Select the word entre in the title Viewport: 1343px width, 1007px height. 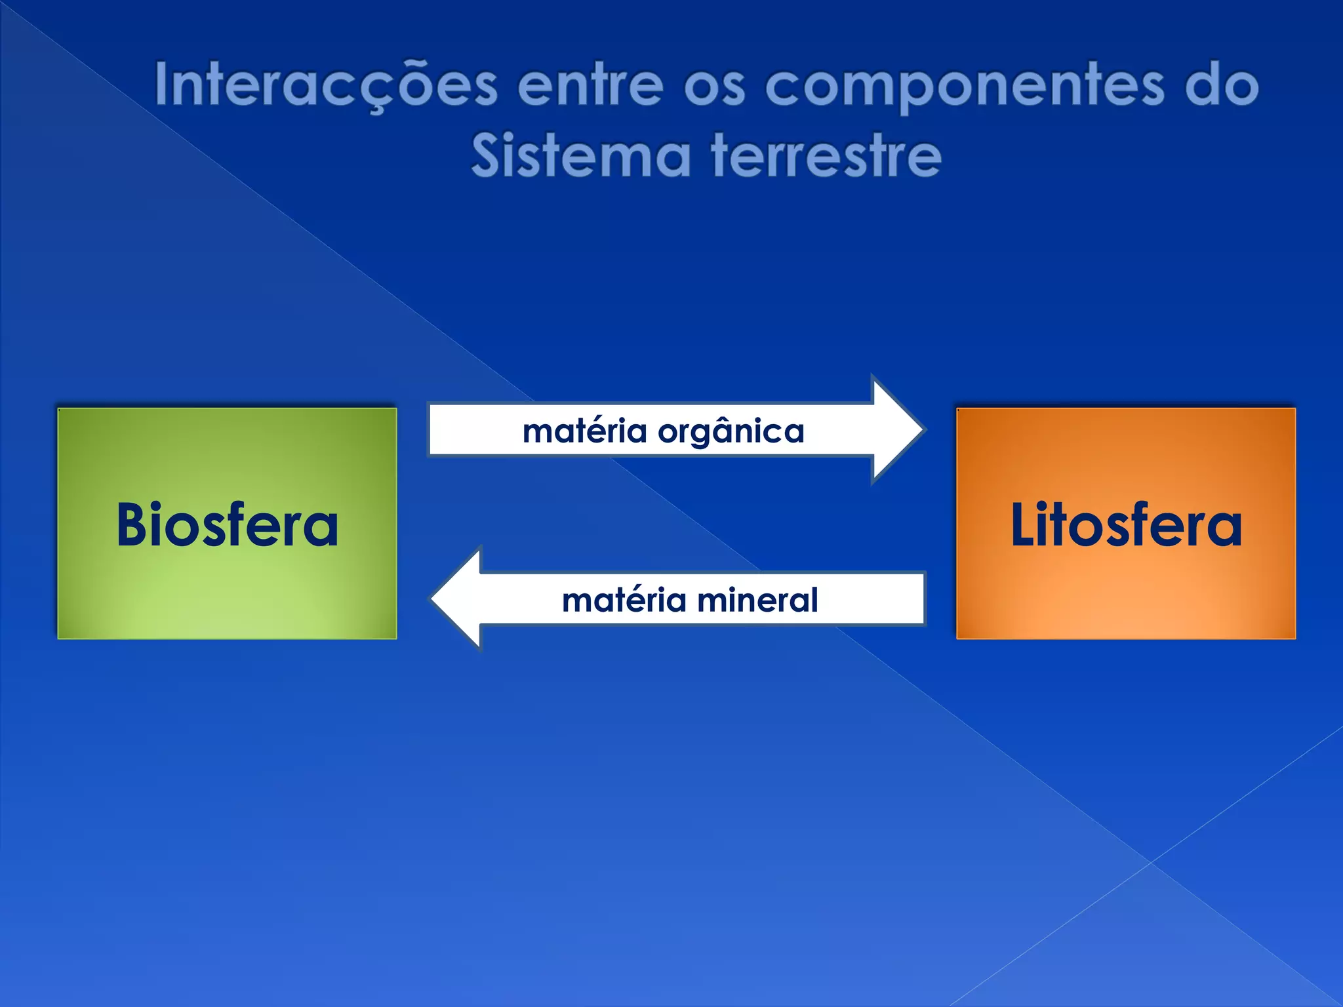click(x=590, y=85)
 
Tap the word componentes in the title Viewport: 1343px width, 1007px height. click(x=965, y=85)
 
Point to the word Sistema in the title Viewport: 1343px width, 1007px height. click(x=581, y=156)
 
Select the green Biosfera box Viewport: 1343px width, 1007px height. click(x=227, y=590)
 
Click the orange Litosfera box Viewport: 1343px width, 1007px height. click(x=1125, y=590)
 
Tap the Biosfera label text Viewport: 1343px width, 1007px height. click(x=227, y=524)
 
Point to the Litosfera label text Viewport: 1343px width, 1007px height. click(x=1125, y=524)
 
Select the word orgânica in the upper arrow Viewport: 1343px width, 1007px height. click(x=731, y=432)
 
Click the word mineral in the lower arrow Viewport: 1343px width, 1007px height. click(x=757, y=600)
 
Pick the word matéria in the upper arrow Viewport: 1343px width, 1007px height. click(x=584, y=431)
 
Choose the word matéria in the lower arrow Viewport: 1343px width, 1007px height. click(x=624, y=600)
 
